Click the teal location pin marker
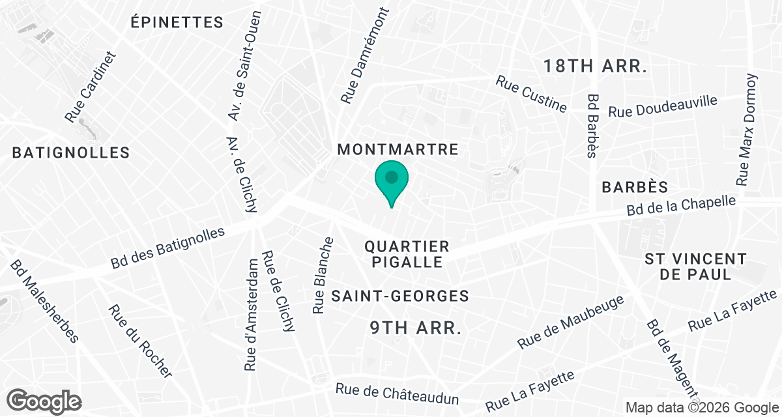point(392,180)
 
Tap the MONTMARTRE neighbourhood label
point(398,150)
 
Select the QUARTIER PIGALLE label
point(407,254)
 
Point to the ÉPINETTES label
point(177,22)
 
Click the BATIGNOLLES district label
point(71,153)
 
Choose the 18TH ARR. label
point(595,66)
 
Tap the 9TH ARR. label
point(408,328)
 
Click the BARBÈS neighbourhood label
point(635,188)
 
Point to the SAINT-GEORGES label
point(400,296)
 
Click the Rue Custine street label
point(531,94)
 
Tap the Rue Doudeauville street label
point(663,106)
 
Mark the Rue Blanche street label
point(323,275)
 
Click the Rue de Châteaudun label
point(398,394)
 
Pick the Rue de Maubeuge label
point(571,322)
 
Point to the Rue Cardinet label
point(90,87)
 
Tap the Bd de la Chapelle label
point(681,206)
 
